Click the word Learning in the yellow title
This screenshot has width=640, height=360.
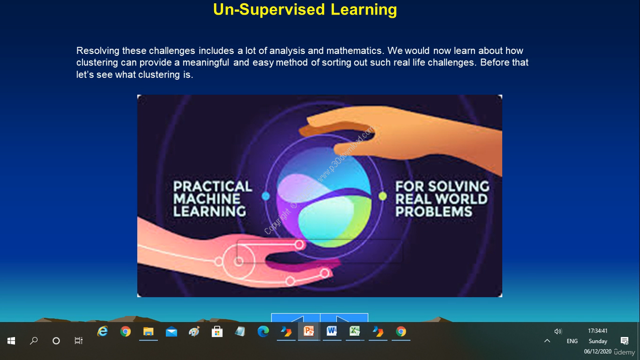(x=363, y=10)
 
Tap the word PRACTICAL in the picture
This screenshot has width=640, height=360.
(x=212, y=186)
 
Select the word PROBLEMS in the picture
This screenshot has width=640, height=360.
(x=433, y=211)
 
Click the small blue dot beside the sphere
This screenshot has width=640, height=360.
(x=265, y=196)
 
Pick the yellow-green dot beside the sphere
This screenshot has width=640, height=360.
(x=382, y=196)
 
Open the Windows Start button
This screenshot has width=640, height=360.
(x=11, y=340)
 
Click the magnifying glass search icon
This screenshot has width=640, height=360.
(x=33, y=340)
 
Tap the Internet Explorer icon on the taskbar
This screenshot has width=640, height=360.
(x=102, y=331)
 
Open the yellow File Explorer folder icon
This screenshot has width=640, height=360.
(x=148, y=331)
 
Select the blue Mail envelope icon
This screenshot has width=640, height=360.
(x=171, y=332)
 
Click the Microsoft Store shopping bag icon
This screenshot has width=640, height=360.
(x=217, y=331)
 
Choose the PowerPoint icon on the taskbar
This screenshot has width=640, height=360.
(x=309, y=331)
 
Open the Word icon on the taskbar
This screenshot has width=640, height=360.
(x=331, y=331)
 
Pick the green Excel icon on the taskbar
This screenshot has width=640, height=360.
(x=355, y=331)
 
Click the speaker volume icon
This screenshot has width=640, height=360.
(x=558, y=331)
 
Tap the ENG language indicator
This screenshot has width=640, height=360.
(x=572, y=341)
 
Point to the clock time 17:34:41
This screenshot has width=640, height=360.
(x=597, y=331)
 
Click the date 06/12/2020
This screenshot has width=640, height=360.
(x=597, y=351)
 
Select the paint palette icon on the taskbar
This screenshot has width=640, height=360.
(x=194, y=331)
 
